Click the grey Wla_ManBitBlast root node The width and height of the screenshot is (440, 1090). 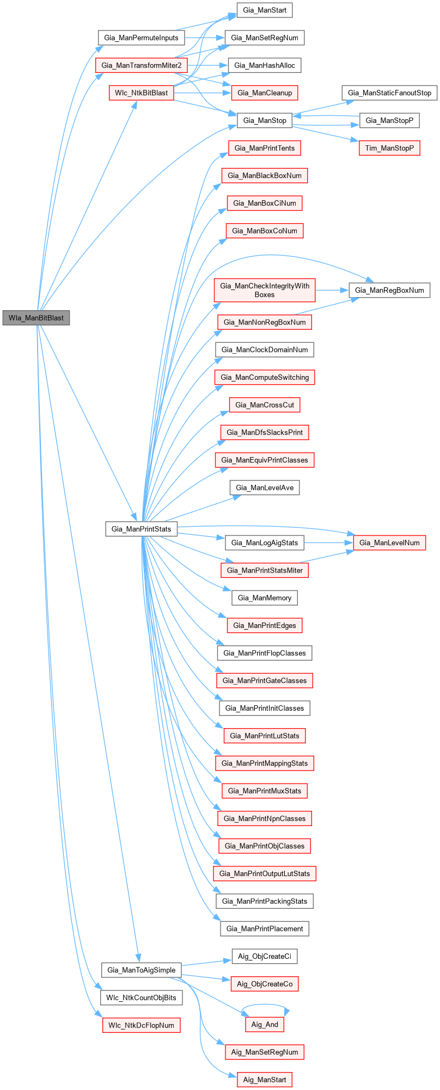(x=36, y=318)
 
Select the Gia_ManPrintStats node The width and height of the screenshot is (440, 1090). (x=141, y=528)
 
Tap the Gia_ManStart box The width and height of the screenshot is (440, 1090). (x=265, y=10)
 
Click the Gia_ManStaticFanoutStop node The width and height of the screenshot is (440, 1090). (x=389, y=93)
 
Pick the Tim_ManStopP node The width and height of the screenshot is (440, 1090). (x=389, y=148)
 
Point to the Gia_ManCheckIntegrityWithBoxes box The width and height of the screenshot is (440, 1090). (x=265, y=290)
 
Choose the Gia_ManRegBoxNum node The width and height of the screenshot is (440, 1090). (x=389, y=290)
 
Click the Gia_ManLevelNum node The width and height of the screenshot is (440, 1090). (x=389, y=543)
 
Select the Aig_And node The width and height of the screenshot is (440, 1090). (x=265, y=1024)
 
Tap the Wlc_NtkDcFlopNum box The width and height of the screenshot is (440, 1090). (x=141, y=1025)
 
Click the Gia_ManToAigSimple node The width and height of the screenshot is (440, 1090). (x=141, y=970)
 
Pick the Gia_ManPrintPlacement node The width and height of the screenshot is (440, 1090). (x=265, y=928)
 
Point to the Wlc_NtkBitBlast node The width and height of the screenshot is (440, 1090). (x=141, y=93)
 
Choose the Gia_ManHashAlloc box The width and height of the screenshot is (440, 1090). (x=265, y=65)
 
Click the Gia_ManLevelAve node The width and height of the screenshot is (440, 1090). (x=265, y=488)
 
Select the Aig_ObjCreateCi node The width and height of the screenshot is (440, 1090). (x=265, y=956)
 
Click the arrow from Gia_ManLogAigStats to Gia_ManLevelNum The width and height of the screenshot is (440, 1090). (x=328, y=543)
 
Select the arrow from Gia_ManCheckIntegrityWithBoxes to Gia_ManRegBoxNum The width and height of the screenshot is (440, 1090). (x=332, y=290)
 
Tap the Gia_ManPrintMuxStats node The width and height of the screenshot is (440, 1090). (x=265, y=791)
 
